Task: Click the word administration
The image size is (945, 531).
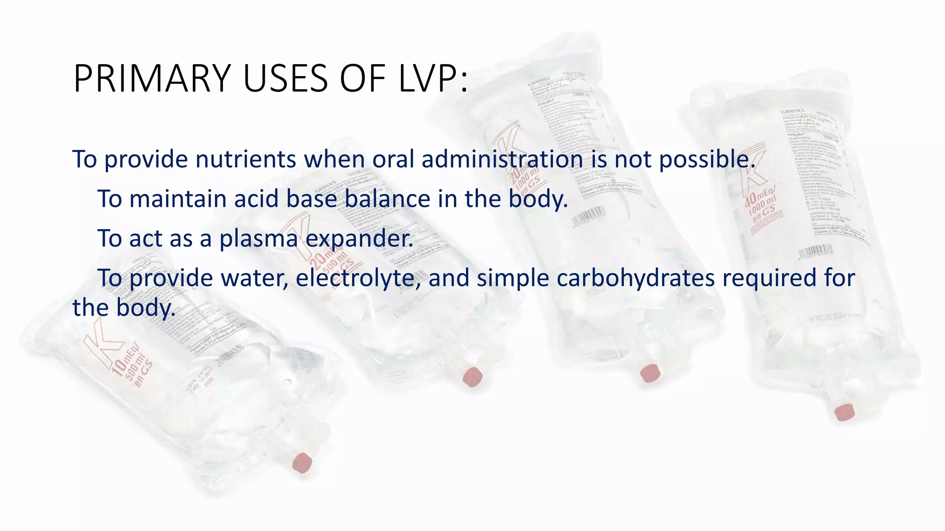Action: point(502,159)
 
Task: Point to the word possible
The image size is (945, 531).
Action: point(707,160)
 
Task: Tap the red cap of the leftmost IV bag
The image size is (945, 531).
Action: point(302,462)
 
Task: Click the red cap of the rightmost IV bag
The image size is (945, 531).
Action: point(844,412)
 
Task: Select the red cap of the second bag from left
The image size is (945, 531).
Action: point(472,376)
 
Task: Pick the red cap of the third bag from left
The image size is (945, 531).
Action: point(650,372)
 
